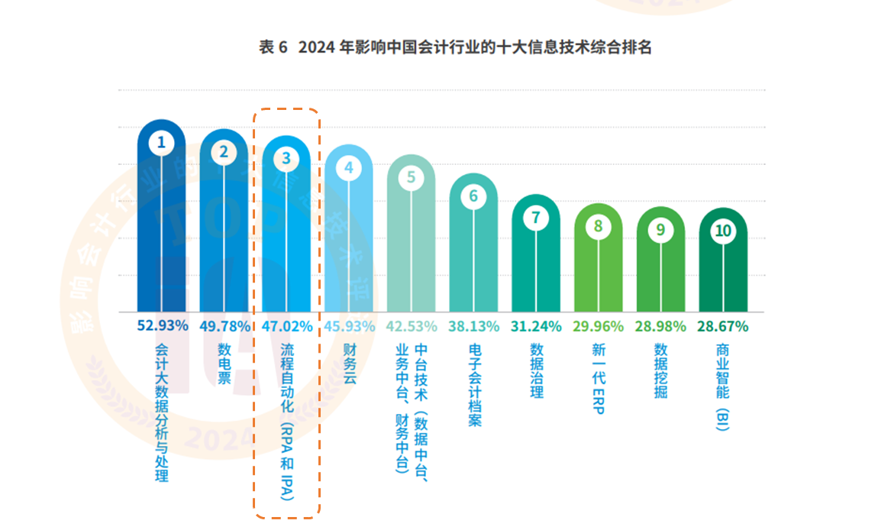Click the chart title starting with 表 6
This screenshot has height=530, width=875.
(x=455, y=47)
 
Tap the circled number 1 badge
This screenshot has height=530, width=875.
(x=161, y=142)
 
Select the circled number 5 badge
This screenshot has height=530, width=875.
(x=411, y=177)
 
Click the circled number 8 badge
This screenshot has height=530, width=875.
(x=598, y=226)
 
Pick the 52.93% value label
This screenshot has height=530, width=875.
(x=163, y=326)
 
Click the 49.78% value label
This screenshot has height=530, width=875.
(x=224, y=326)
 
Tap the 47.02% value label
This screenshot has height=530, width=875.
(x=287, y=326)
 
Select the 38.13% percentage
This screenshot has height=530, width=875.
(x=473, y=326)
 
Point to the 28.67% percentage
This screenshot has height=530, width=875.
(x=722, y=326)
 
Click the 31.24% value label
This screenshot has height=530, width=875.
(x=536, y=326)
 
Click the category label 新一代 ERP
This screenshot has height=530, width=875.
(x=598, y=378)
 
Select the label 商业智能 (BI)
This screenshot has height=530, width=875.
(x=722, y=387)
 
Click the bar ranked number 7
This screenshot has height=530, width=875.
(x=536, y=267)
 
